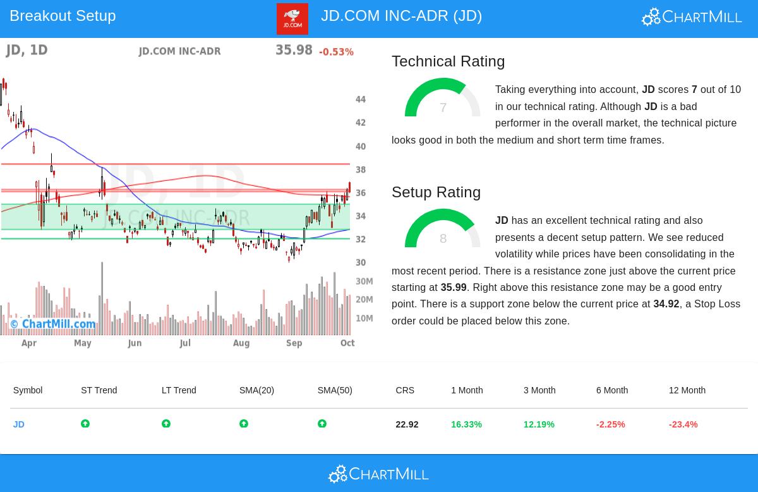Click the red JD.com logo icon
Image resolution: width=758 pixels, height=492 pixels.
click(x=292, y=19)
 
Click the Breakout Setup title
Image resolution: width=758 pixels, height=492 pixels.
click(x=63, y=16)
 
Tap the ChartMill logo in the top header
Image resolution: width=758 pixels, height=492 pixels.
click(x=692, y=16)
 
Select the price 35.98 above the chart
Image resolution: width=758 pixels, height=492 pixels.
click(x=294, y=50)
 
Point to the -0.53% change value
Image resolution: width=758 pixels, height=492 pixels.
click(x=336, y=52)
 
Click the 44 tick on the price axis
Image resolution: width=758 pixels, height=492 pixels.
click(x=361, y=99)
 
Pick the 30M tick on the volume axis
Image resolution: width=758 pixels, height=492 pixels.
click(x=364, y=281)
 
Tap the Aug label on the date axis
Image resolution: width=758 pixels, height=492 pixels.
click(x=241, y=343)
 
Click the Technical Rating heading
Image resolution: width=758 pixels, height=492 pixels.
click(x=448, y=61)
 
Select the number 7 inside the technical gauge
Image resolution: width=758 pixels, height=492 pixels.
click(x=443, y=108)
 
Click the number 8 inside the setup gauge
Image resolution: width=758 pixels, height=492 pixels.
click(x=443, y=238)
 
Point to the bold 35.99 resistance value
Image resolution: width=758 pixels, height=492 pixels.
click(x=454, y=288)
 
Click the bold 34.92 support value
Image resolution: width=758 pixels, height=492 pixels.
click(x=666, y=304)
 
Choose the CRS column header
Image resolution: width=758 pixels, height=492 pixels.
click(x=405, y=390)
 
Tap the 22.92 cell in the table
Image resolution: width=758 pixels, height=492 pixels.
click(x=407, y=424)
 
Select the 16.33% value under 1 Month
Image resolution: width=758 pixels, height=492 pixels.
click(x=466, y=424)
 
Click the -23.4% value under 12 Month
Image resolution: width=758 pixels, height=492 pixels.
click(x=683, y=424)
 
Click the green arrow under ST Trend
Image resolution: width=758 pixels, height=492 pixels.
click(x=85, y=424)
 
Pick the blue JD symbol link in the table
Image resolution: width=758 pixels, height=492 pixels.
click(x=19, y=424)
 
